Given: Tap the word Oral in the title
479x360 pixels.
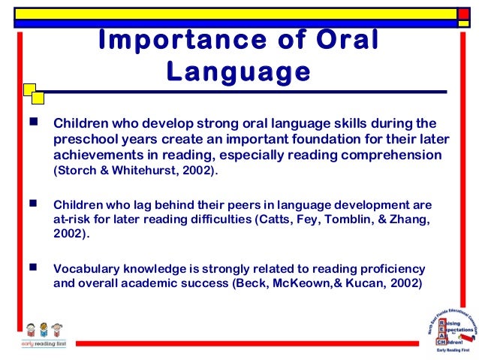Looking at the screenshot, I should click(x=342, y=41).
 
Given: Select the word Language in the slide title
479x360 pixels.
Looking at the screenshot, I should click(x=239, y=74).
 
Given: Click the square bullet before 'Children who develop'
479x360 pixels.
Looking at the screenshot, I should click(x=32, y=121).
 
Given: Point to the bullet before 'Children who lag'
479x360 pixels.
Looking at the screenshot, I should click(x=32, y=204).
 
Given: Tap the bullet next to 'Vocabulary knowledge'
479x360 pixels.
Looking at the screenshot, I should click(x=32, y=268).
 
